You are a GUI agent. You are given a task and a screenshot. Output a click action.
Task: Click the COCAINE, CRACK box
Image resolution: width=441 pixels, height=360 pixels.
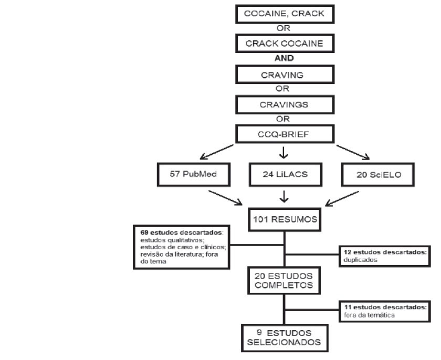(284, 14)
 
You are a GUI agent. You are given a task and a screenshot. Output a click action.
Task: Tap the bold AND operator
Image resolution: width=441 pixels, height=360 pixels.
(284, 58)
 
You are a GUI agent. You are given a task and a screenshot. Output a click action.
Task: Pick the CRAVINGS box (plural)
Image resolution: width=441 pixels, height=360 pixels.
(284, 104)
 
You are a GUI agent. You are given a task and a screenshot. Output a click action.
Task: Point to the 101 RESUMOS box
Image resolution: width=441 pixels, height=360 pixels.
(284, 219)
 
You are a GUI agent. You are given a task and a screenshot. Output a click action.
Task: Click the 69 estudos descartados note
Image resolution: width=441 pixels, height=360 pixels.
(181, 247)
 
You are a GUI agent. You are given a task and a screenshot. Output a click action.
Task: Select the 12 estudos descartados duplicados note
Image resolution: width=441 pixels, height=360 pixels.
(383, 255)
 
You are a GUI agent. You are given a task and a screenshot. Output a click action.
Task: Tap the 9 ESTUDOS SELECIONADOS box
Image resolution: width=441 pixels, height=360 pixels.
(284, 337)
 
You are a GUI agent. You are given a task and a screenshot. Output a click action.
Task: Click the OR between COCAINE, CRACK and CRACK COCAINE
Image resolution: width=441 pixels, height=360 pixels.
(284, 29)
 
